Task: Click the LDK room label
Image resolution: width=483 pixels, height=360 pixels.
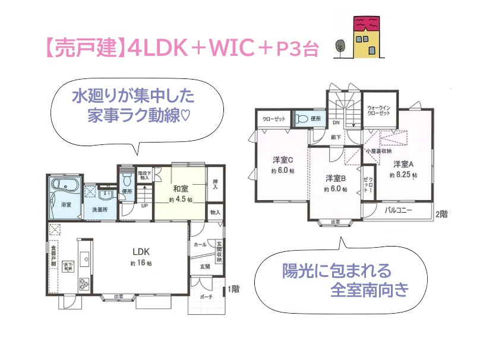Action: (x=141, y=251)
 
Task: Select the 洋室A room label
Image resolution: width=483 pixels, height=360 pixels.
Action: (x=403, y=164)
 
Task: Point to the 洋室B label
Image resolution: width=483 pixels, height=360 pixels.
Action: (x=336, y=178)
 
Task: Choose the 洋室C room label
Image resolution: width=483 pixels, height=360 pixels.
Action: (x=284, y=159)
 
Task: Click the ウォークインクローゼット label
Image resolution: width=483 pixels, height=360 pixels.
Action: (x=379, y=108)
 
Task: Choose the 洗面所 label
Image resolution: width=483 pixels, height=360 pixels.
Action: (x=99, y=210)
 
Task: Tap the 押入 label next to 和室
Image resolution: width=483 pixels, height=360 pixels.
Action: (x=215, y=185)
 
